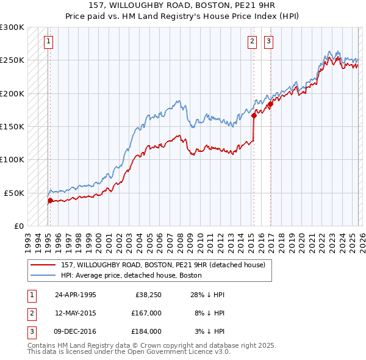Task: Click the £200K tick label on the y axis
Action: pyautogui.click(x=12, y=93)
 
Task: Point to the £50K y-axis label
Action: pyautogui.click(x=14, y=193)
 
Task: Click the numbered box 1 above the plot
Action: pyautogui.click(x=48, y=41)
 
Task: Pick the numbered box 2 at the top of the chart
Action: pyautogui.click(x=252, y=41)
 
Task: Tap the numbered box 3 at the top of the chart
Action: pyautogui.click(x=268, y=41)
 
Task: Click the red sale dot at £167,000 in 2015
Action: pyautogui.click(x=254, y=115)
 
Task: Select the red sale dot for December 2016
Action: pyautogui.click(x=270, y=104)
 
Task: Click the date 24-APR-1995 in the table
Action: pyautogui.click(x=76, y=295)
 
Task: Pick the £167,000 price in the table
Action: pyautogui.click(x=147, y=313)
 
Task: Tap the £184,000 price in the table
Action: pyautogui.click(x=147, y=331)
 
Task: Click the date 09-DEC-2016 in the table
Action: pyautogui.click(x=76, y=331)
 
